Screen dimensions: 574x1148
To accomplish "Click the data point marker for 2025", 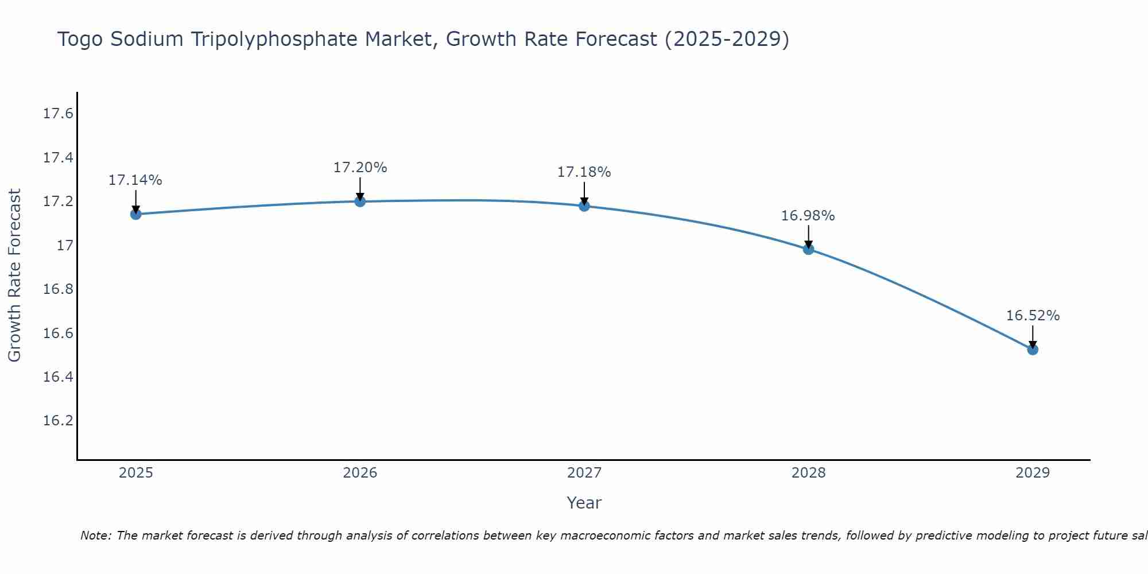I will click(136, 214).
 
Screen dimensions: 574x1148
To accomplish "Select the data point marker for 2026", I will click(360, 201).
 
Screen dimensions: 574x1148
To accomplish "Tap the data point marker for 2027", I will click(584, 205).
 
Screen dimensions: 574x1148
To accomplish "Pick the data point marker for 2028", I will click(808, 249).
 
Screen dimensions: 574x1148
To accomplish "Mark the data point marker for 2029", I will click(1033, 349).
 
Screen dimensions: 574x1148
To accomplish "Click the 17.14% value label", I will click(135, 180).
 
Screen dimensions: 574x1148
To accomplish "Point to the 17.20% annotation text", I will click(360, 168).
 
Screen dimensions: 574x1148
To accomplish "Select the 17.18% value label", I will click(584, 172).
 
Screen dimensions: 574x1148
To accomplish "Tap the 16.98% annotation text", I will click(808, 216).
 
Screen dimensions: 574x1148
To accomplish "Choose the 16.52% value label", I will click(1033, 316).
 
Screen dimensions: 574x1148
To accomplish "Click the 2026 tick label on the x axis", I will click(360, 473).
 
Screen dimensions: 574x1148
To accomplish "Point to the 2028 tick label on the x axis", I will click(808, 473).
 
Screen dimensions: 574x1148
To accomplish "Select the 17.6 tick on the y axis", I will click(59, 114).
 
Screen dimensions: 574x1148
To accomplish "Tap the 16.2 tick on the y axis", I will click(59, 421).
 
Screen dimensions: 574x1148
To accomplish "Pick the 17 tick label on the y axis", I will click(65, 246).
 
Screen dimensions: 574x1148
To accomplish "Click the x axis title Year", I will click(584, 503).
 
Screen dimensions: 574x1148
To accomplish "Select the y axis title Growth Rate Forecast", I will click(15, 276).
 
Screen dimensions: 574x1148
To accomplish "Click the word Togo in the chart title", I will click(80, 40).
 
